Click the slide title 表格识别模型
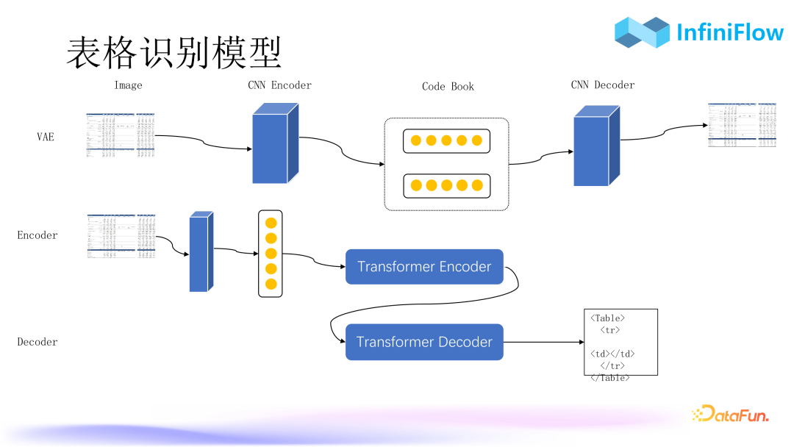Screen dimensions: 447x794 tap(174, 53)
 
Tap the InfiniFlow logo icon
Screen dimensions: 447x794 tap(642, 32)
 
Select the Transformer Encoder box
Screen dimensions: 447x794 tap(424, 267)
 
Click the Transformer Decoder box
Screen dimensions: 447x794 tap(424, 342)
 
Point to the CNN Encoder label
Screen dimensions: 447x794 tap(279, 85)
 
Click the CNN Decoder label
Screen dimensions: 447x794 tap(602, 85)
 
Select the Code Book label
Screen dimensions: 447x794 tap(448, 87)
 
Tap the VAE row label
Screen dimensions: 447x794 tap(46, 137)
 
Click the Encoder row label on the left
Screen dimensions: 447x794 tap(37, 235)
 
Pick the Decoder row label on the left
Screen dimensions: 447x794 tap(37, 342)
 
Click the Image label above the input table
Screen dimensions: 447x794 tap(128, 85)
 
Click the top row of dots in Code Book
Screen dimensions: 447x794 tap(446, 140)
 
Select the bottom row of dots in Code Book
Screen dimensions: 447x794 tap(446, 185)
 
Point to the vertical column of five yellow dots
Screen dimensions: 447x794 tap(271, 253)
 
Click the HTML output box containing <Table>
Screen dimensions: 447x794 tap(620, 343)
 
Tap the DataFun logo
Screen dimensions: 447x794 tap(729, 415)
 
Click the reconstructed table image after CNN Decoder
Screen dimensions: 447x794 tap(741, 125)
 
